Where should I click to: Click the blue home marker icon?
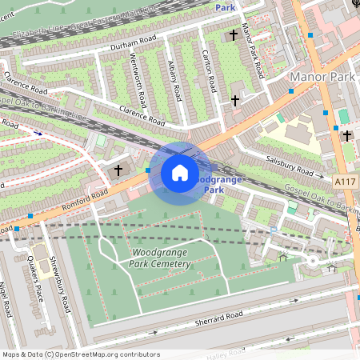(180, 173)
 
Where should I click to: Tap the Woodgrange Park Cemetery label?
(160, 258)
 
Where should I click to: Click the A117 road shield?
(346, 182)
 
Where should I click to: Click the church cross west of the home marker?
(118, 170)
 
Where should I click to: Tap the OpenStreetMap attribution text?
(80, 354)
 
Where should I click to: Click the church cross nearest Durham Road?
(234, 35)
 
